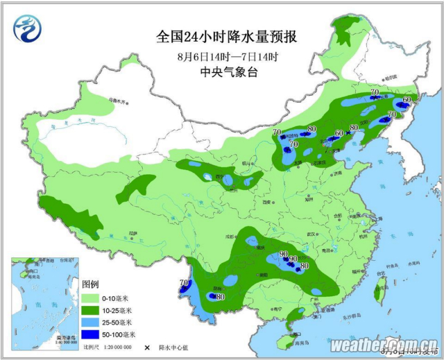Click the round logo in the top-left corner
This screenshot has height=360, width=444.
28,28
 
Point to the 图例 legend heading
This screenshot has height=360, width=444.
90,284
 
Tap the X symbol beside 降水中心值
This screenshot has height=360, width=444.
147,347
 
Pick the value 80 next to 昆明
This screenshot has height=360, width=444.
221,297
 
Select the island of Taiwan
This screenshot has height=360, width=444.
379,293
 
